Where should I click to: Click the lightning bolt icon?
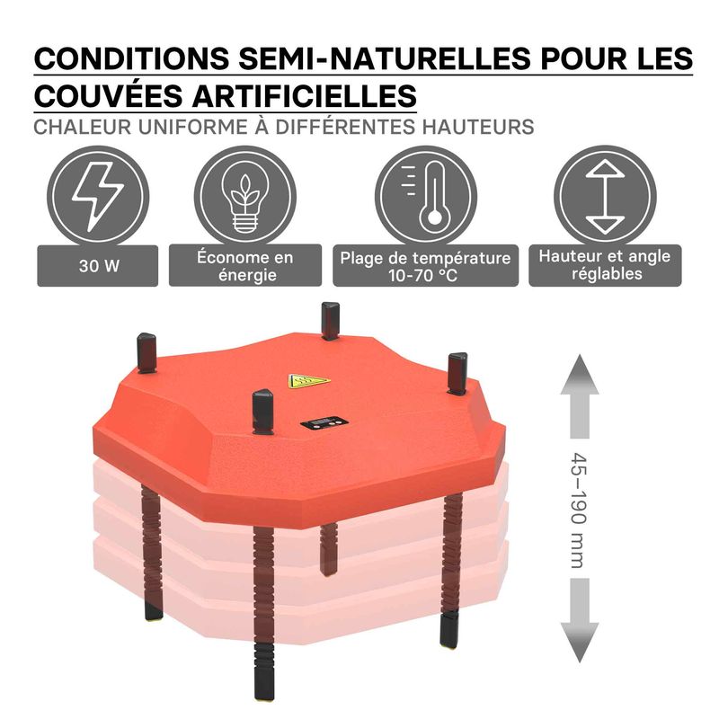pyautogui.click(x=98, y=197)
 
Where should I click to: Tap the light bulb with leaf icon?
pyautogui.click(x=245, y=197)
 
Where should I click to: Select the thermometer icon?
pyautogui.click(x=426, y=197)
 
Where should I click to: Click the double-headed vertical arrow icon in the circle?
pyautogui.click(x=605, y=197)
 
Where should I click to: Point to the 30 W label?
pyautogui.click(x=98, y=266)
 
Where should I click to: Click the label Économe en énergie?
pyautogui.click(x=245, y=266)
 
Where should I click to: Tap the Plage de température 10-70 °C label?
pyautogui.click(x=425, y=266)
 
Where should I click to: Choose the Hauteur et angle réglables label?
pyautogui.click(x=605, y=265)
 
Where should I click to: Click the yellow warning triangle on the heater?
pyautogui.click(x=308, y=381)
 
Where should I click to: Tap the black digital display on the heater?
pyautogui.click(x=324, y=422)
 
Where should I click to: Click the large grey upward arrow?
pyautogui.click(x=580, y=396)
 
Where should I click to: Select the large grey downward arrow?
pyautogui.click(x=580, y=620)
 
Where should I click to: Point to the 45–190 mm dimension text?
pyautogui.click(x=579, y=510)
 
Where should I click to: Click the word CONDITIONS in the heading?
pyautogui.click(x=131, y=58)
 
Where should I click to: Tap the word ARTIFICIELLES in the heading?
pyautogui.click(x=305, y=96)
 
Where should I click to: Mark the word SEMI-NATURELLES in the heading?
pyautogui.click(x=385, y=58)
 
